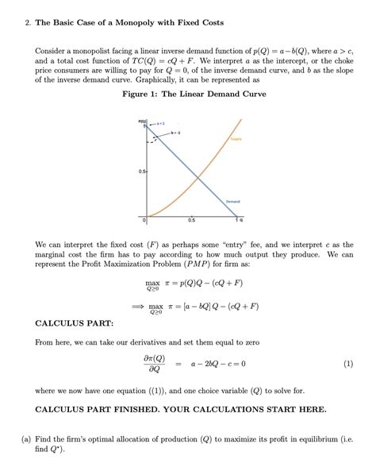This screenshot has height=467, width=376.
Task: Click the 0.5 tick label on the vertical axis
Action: pos(140,171)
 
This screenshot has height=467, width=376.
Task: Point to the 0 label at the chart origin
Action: pos(145,219)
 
